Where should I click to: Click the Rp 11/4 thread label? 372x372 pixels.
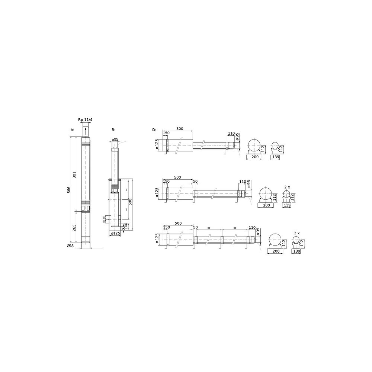point(85,120)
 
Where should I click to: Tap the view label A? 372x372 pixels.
point(73,130)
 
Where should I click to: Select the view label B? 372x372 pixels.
point(113,130)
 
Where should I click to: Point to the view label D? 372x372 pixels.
point(154,130)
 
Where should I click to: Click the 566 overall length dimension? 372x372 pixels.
point(68,190)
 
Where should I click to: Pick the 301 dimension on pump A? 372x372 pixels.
point(74,174)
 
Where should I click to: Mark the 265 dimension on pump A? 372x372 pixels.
point(74,228)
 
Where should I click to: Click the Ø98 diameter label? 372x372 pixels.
point(70,246)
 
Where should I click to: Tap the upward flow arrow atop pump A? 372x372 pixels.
point(86,131)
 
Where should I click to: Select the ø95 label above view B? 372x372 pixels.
point(115,139)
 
